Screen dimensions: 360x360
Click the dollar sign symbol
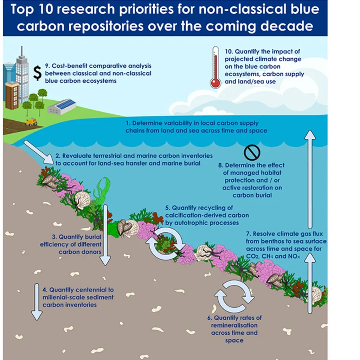[37, 73]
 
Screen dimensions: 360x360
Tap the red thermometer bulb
[216, 83]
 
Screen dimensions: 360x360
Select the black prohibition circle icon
[252, 152]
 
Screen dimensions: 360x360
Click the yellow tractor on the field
[31, 122]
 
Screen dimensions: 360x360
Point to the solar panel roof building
[62, 107]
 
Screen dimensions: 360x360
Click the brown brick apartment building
[12, 95]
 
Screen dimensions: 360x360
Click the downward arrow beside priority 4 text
[37, 302]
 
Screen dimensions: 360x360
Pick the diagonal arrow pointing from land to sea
[39, 152]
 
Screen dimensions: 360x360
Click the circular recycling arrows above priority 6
[234, 296]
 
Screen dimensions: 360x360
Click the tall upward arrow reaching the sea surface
[310, 179]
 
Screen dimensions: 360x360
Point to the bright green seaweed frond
[102, 191]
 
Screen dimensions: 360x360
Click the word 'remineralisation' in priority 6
[234, 325]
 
